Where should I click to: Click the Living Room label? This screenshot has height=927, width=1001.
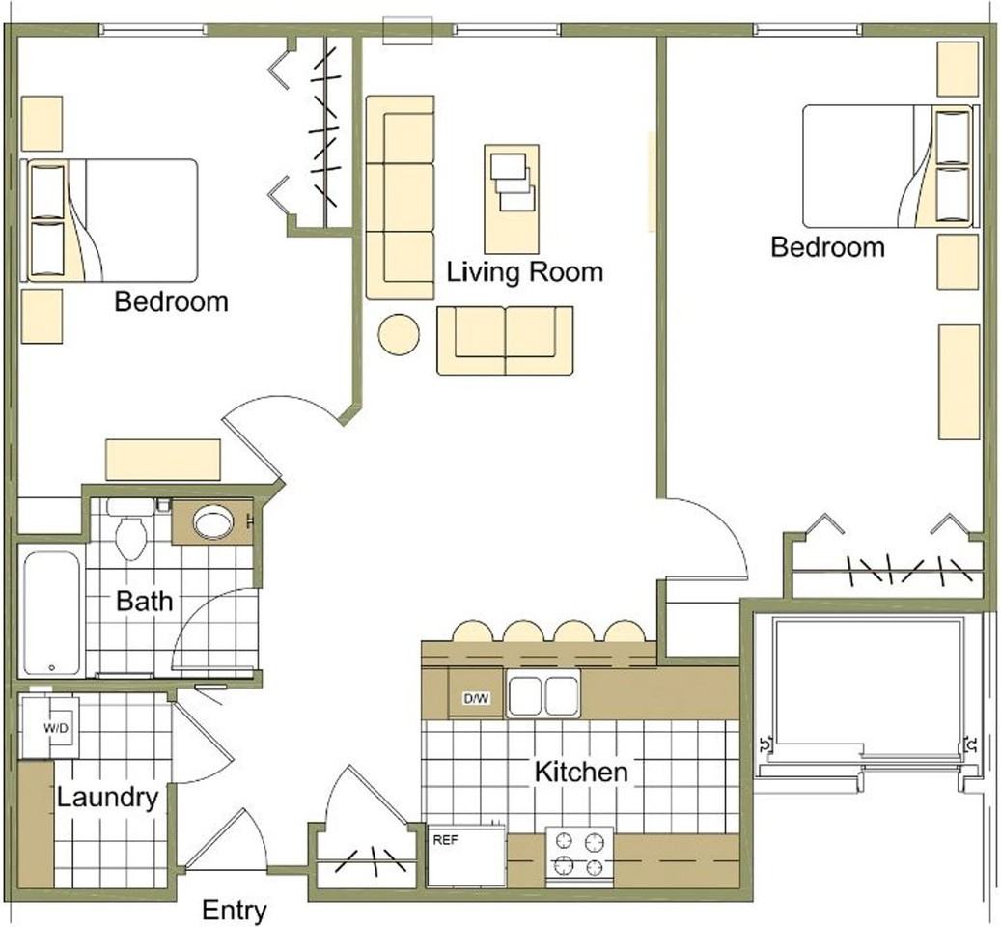tap(525, 272)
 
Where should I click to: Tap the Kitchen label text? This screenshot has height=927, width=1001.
tap(581, 772)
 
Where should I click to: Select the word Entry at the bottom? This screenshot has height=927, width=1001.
tap(235, 911)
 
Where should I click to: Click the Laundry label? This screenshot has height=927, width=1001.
tap(107, 798)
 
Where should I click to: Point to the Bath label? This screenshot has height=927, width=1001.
tap(144, 601)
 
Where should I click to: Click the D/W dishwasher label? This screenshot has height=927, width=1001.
tap(476, 698)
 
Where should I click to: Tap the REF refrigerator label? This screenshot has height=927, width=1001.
tap(446, 840)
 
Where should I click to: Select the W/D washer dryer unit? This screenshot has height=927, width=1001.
tap(51, 726)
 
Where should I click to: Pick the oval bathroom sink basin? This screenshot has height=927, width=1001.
tap(214, 523)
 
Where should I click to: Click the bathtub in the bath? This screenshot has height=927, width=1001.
tap(53, 613)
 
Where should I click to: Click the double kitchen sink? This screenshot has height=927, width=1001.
tap(543, 693)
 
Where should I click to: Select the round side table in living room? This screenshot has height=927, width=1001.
tap(399, 334)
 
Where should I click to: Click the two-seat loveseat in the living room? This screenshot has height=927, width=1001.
tap(505, 340)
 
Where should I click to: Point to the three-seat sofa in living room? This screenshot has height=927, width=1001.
tap(401, 198)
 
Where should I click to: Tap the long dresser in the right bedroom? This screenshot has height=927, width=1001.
tap(959, 381)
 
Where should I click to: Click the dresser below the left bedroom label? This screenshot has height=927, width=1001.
tap(163, 460)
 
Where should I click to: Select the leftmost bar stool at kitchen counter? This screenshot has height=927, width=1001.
tap(473, 632)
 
